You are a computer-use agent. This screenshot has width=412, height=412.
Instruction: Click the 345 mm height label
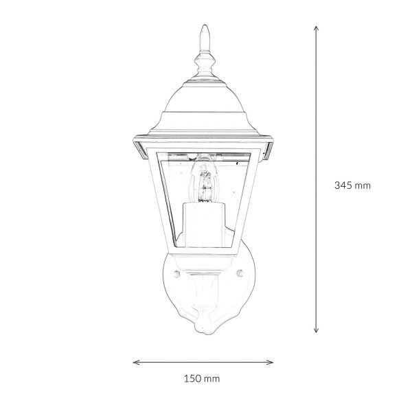(352, 185)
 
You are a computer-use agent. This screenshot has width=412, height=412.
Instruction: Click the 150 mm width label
(201, 378)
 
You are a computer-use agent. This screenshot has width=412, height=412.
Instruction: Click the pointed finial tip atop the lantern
(205, 25)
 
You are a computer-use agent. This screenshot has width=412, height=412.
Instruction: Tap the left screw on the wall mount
(176, 274)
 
